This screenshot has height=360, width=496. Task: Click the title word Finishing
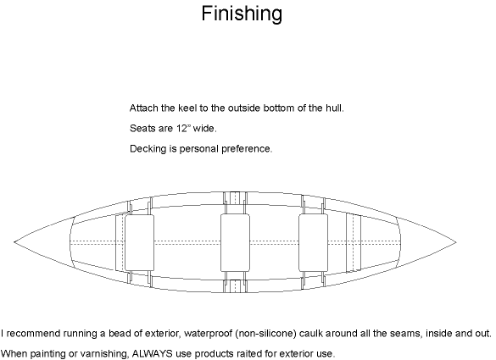242,14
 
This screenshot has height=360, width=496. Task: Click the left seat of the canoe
140,243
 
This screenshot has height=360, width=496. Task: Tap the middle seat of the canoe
235,242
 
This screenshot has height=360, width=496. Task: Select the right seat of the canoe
314,242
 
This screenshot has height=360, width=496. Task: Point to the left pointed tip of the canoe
14,242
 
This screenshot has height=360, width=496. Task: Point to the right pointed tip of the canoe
456,242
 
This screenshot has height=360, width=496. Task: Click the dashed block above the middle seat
235,198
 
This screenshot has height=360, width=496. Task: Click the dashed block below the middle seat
235,286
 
